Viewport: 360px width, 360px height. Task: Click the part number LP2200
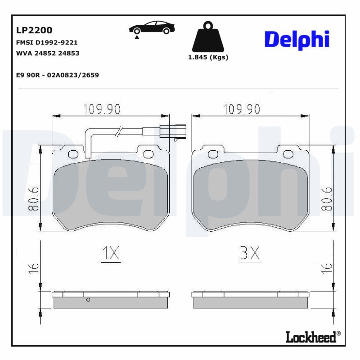pyautogui.click(x=34, y=30)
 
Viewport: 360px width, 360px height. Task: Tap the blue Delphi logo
pyautogui.click(x=297, y=40)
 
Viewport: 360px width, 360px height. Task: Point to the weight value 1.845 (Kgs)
pyautogui.click(x=208, y=57)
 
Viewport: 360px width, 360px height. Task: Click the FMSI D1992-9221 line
pyautogui.click(x=47, y=43)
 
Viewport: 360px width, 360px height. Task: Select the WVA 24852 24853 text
pyautogui.click(x=48, y=53)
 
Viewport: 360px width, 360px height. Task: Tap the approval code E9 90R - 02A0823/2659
pyautogui.click(x=57, y=75)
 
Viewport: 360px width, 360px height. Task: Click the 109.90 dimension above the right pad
pyautogui.click(x=242, y=108)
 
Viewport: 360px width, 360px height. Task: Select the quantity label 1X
pyautogui.click(x=110, y=254)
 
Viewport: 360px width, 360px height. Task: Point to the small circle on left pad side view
pyautogui.click(x=88, y=299)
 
